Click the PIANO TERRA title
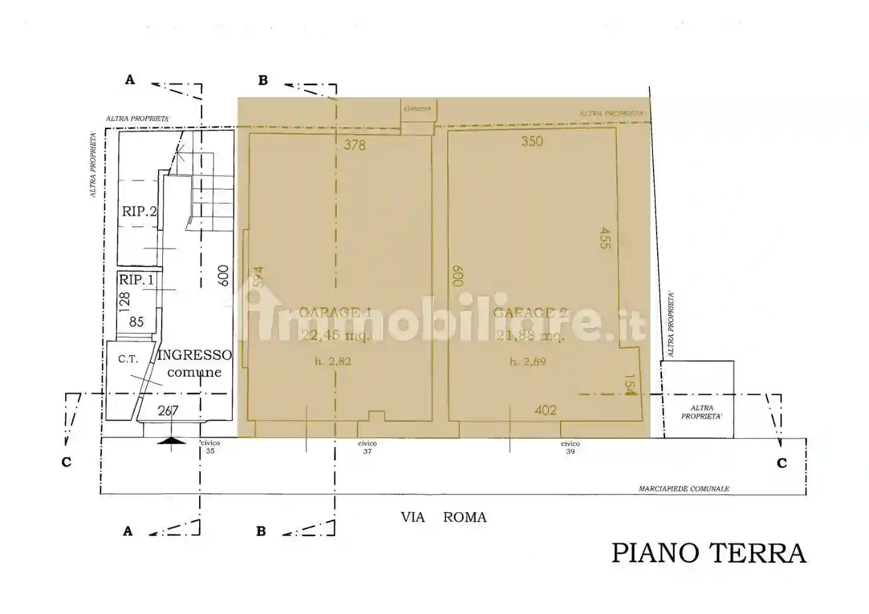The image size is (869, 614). [x=708, y=552]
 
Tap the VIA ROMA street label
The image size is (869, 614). [x=444, y=517]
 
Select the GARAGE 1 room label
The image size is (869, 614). [x=335, y=312]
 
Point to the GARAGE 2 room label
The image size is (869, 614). [x=530, y=312]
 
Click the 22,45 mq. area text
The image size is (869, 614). [x=335, y=335]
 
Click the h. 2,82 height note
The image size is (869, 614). [x=333, y=362]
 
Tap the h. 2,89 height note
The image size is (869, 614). [x=527, y=362]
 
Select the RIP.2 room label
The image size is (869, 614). [x=139, y=211]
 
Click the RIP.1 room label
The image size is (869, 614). [x=136, y=280]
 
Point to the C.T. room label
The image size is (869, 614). [x=128, y=359]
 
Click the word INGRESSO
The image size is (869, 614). [x=194, y=355]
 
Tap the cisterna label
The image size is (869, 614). [x=418, y=109]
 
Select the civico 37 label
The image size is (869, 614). [x=367, y=447]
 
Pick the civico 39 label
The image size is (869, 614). [x=570, y=447]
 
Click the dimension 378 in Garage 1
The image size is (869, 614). [x=355, y=145]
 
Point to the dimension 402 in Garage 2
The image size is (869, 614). [x=546, y=411]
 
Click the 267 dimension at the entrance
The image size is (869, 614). [x=168, y=411]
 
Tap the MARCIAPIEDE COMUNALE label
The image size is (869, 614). [x=684, y=488]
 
